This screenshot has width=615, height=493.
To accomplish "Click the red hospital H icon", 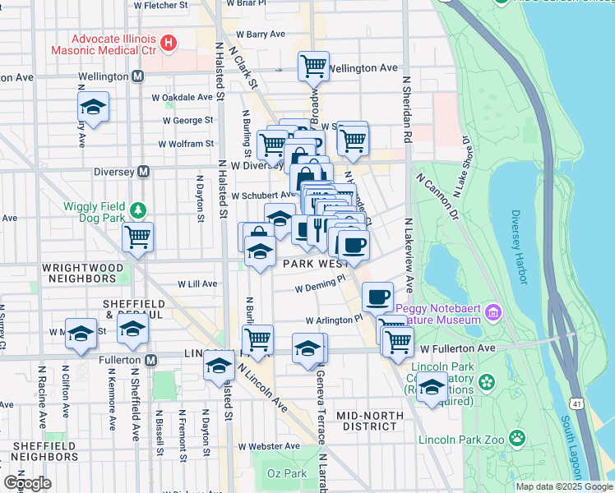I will (169, 42).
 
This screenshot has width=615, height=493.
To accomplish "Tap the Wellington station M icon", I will (137, 76).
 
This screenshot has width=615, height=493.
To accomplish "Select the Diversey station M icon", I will (143, 172).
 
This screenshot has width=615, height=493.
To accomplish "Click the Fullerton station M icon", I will (151, 360).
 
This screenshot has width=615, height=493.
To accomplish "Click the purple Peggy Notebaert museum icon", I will (492, 311).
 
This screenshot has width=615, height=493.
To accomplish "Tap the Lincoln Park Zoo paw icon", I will (517, 437).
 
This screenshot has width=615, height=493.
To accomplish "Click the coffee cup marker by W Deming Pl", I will (377, 297).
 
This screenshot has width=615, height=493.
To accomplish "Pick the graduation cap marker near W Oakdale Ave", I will (94, 108).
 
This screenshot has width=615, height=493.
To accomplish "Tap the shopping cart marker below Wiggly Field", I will (137, 237).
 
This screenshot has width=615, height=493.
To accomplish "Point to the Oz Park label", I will (287, 474).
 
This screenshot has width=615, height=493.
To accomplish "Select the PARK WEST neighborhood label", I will (316, 265).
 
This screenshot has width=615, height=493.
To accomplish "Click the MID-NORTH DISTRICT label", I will (372, 421).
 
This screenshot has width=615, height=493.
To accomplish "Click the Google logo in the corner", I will (27, 483).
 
